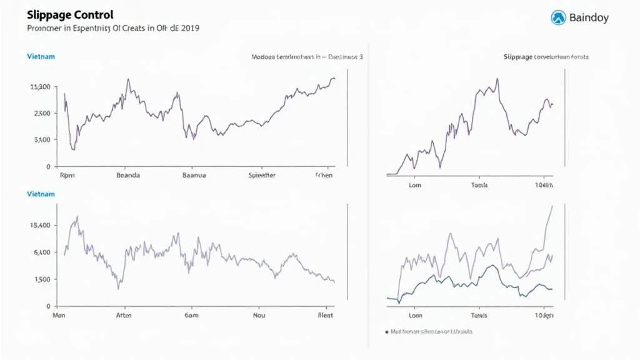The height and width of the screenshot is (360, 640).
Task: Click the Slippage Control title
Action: (61, 14)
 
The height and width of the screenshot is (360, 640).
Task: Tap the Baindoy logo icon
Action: (558, 17)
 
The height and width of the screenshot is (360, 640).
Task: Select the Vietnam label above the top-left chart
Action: (41, 56)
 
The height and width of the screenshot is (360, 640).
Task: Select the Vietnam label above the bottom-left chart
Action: (41, 194)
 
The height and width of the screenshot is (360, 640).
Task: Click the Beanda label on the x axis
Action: (128, 176)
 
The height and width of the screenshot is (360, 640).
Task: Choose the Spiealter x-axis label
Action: (262, 176)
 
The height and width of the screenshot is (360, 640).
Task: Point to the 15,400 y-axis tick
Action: (39, 226)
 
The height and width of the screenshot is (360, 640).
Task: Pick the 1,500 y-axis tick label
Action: (39, 279)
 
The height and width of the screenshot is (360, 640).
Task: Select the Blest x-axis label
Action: (326, 316)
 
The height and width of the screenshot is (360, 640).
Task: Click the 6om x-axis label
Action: (191, 316)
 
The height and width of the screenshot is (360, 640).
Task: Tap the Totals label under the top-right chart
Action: (479, 185)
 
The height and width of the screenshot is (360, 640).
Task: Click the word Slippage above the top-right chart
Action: (518, 57)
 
